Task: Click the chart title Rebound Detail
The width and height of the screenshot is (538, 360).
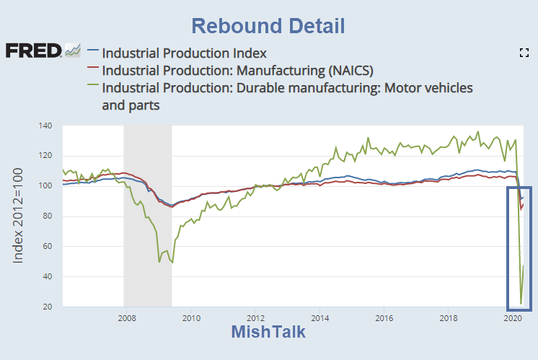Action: (x=268, y=26)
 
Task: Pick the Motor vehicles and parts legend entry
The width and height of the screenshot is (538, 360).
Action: (x=287, y=87)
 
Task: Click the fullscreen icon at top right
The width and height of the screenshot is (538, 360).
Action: (x=524, y=52)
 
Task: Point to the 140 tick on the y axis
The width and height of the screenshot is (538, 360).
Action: (x=45, y=126)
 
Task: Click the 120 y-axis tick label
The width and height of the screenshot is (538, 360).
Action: (x=45, y=157)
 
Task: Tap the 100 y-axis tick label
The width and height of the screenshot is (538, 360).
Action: (x=45, y=187)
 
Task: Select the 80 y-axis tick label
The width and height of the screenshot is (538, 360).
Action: (x=48, y=217)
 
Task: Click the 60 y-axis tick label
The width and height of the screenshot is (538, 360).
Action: (x=48, y=247)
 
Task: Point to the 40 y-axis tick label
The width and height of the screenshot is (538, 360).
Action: (x=48, y=278)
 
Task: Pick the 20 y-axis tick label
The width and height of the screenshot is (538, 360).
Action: (x=48, y=308)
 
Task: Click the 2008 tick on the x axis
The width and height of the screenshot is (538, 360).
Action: (x=126, y=317)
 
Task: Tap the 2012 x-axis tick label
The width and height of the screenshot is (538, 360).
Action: (x=255, y=317)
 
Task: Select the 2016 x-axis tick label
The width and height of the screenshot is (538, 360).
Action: (x=384, y=317)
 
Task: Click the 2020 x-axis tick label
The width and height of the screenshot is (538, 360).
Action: (x=513, y=317)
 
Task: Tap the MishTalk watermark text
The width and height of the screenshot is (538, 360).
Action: (x=268, y=332)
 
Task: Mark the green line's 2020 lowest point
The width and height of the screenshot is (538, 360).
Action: (x=521, y=304)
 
